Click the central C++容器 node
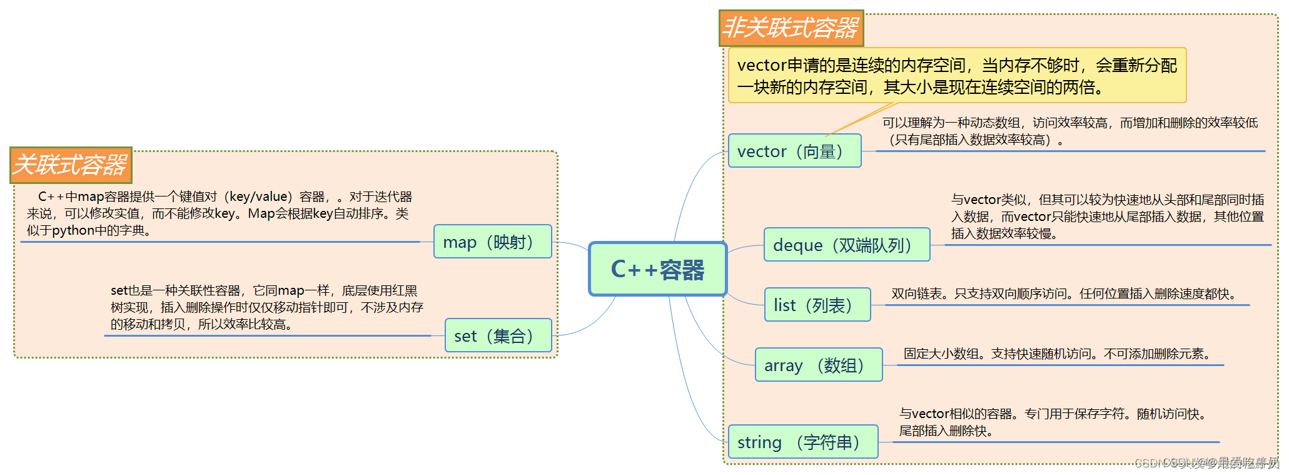tap(657, 269)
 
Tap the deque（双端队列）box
tap(846, 245)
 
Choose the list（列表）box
tap(817, 305)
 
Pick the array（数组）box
tap(818, 365)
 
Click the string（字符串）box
tap(802, 442)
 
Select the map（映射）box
tap(492, 242)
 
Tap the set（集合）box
tap(498, 335)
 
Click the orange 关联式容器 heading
tap(71, 165)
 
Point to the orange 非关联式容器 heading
tap(791, 28)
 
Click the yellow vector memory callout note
tap(956, 76)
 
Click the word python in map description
tap(73, 230)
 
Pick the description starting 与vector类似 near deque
tap(1107, 217)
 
